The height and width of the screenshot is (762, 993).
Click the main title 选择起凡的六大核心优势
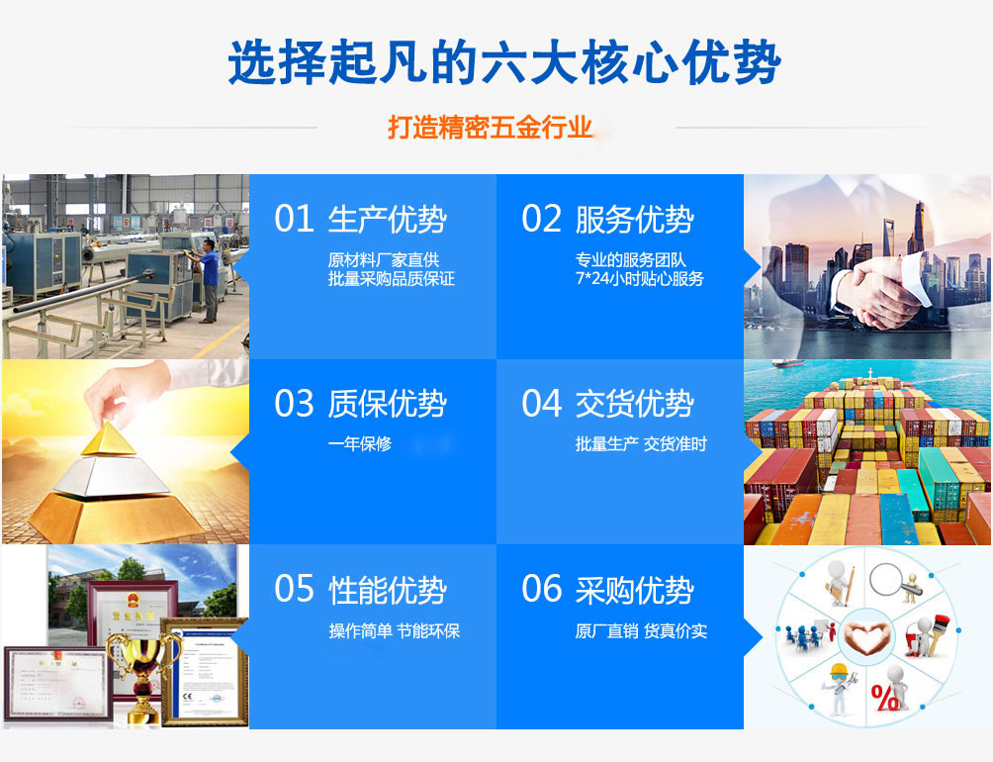504,61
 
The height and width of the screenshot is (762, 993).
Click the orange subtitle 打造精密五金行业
490,128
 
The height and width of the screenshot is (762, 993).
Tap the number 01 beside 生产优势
294,219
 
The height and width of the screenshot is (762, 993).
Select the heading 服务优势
635,219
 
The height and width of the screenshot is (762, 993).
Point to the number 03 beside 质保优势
294,404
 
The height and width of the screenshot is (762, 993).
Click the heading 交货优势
635,404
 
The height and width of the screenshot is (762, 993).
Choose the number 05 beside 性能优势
294,589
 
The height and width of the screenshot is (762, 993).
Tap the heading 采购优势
635,590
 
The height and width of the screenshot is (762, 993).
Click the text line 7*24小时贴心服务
640,279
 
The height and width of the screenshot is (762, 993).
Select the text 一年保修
360,443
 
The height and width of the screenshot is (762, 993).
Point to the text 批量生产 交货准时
641,444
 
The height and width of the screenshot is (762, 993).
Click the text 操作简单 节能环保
394,631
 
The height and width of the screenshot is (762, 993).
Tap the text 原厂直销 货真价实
641,631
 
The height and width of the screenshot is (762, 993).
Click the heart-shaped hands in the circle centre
865,636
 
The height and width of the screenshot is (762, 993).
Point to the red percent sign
885,698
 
